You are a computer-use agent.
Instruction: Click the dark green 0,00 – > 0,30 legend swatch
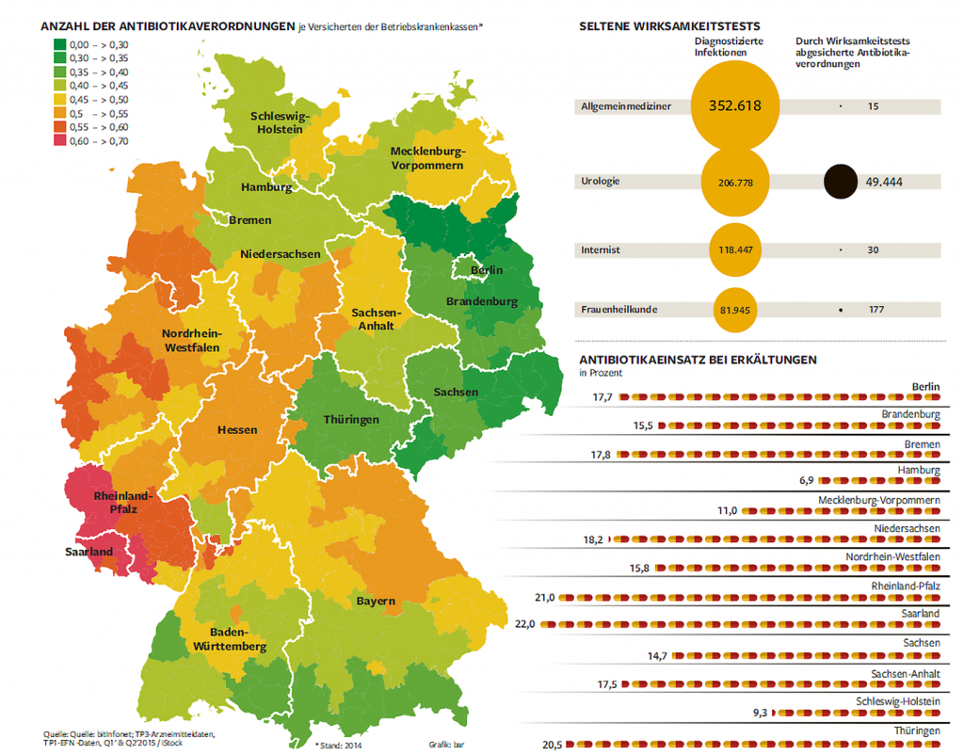(x=58, y=44)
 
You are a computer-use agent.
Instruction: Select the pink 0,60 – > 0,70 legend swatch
(x=58, y=141)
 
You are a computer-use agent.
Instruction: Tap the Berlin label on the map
(x=487, y=270)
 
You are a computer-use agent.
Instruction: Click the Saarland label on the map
(x=89, y=552)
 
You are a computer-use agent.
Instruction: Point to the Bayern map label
(x=375, y=602)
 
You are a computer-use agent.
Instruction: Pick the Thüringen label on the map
(x=350, y=419)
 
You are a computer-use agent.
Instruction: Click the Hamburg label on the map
(x=266, y=187)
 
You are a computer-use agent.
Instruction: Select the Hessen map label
(x=237, y=429)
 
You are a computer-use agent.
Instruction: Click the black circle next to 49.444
(x=840, y=181)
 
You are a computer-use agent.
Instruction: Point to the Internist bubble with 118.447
(x=734, y=250)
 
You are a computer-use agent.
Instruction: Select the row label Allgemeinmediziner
(x=626, y=107)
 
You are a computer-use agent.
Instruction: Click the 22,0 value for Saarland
(x=525, y=624)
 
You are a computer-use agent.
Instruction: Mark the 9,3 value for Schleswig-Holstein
(x=759, y=714)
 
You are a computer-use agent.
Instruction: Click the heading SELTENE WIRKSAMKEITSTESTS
(x=669, y=27)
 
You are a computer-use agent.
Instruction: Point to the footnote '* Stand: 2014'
(x=339, y=744)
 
